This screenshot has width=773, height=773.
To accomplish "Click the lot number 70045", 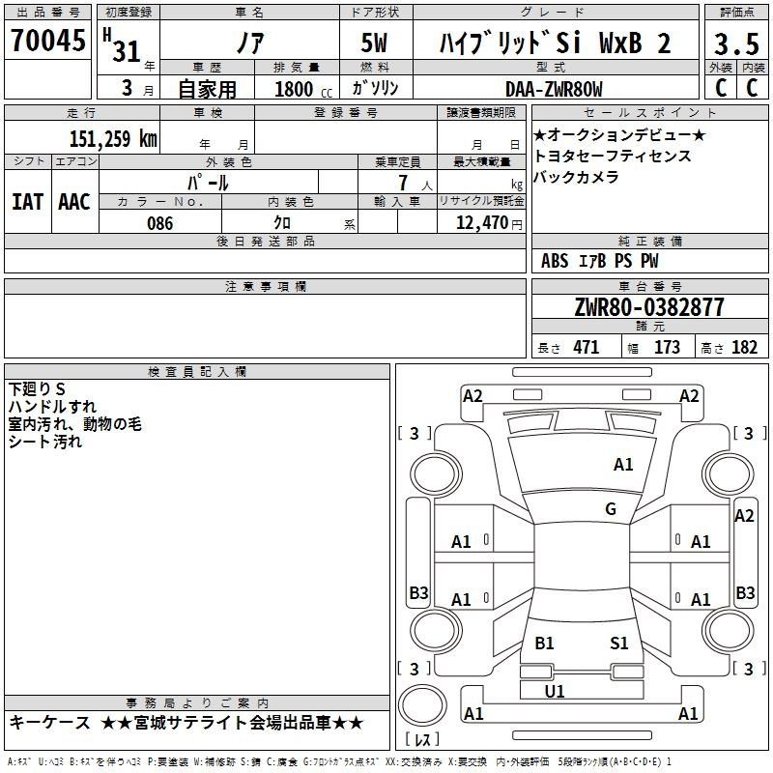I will [48, 42].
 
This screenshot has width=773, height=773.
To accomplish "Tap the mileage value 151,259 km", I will [113, 139].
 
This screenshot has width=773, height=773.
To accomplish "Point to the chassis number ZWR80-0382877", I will [648, 308].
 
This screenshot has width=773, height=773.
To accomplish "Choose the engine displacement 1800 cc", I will [296, 89].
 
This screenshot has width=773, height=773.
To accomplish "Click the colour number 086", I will [159, 223].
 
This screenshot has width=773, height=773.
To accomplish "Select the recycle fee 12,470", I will [479, 223].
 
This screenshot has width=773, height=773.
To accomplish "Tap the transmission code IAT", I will [27, 202].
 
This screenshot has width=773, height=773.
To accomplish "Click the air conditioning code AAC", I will [73, 202].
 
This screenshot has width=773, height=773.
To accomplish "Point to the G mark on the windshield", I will [610, 509].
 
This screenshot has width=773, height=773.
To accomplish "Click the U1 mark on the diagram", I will [555, 691].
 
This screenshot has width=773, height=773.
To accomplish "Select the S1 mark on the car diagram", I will [619, 644].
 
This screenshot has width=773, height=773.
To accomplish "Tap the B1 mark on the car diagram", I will [544, 644].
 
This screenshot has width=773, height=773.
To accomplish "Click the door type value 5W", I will [375, 43].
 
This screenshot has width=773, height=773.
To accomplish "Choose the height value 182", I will [744, 348].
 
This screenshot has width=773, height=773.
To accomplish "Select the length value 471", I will [586, 348].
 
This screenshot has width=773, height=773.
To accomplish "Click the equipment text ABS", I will [555, 261].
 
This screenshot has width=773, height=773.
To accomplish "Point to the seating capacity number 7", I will [400, 183].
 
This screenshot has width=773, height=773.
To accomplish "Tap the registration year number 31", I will [127, 50].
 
